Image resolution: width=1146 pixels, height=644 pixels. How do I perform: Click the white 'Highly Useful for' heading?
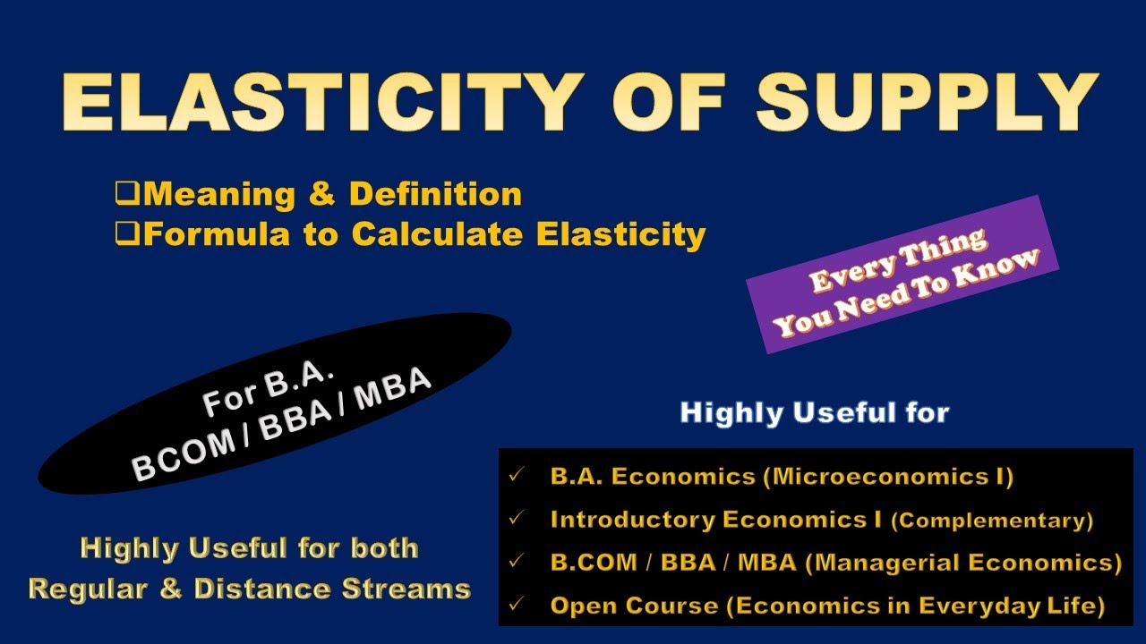click(814, 412)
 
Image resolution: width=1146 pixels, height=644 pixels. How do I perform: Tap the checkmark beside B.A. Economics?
click(514, 476)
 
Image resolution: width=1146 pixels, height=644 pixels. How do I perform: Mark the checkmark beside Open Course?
click(514, 606)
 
